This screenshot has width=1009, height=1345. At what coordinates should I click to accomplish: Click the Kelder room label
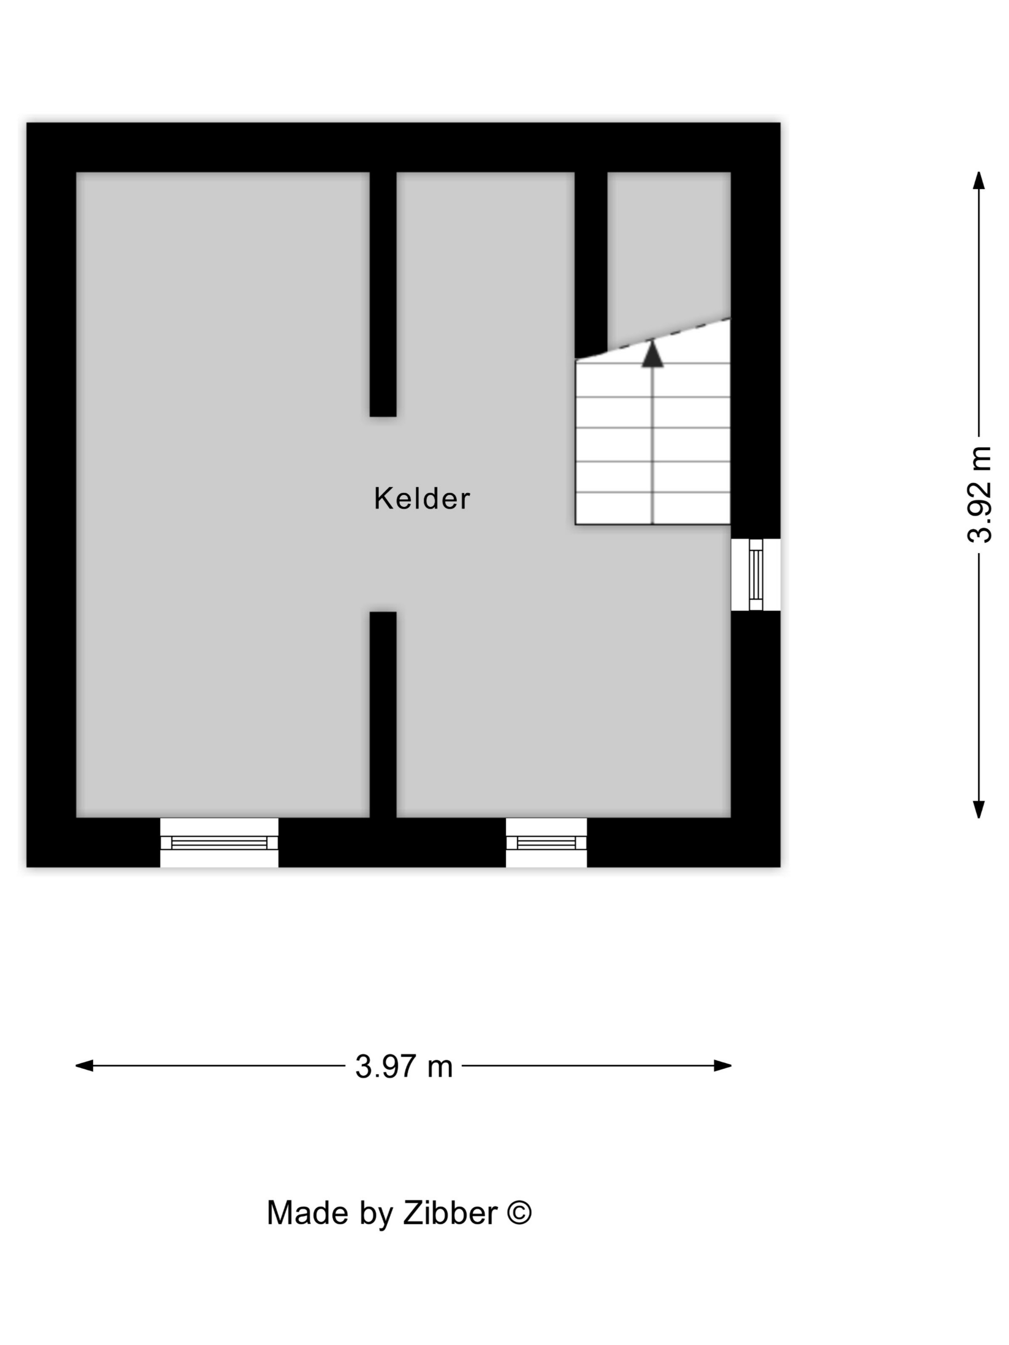[x=421, y=499]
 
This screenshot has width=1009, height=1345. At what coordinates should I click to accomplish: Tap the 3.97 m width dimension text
[x=404, y=1066]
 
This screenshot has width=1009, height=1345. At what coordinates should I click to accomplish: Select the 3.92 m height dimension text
[x=979, y=494]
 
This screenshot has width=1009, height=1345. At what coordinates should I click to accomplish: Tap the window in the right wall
[x=755, y=575]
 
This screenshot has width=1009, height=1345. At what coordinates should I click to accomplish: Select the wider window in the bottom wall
[x=219, y=842]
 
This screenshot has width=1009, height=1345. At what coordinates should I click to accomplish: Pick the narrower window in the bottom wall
[x=546, y=842]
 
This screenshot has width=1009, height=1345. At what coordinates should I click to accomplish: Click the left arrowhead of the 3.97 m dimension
[x=84, y=1065]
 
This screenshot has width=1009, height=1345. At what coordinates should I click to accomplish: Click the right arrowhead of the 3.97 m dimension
[x=723, y=1065]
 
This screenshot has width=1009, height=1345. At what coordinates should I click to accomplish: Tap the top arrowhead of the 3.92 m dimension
[x=979, y=181]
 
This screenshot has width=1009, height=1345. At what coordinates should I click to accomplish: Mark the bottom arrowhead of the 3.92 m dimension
[x=979, y=809]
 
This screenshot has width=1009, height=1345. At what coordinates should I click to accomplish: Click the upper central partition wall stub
[x=383, y=294]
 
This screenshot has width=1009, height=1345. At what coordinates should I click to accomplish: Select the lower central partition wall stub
[x=383, y=714]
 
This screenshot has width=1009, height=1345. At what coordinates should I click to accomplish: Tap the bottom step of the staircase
[x=652, y=508]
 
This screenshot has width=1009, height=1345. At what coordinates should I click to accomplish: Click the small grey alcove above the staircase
[x=669, y=252]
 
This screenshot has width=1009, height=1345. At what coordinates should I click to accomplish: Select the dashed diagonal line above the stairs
[x=652, y=339]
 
